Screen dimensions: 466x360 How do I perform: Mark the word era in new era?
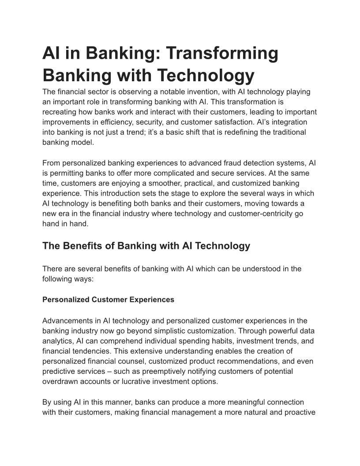coord(66,214)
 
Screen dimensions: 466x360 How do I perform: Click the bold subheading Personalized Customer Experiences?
coord(108,300)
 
